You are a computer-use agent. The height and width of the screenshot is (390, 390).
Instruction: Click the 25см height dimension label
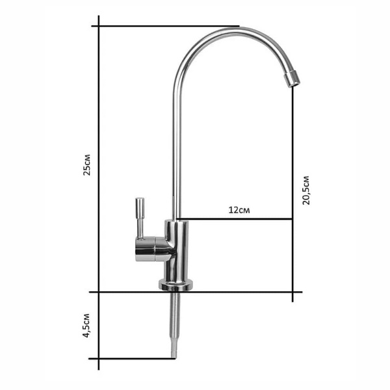coord(87,165)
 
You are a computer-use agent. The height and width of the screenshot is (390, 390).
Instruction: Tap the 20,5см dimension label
coord(305,190)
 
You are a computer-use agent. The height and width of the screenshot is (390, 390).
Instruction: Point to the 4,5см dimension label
coord(86,326)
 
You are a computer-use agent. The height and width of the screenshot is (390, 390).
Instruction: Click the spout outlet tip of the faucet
coord(292,79)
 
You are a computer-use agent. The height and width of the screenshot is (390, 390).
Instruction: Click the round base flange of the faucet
coord(176,285)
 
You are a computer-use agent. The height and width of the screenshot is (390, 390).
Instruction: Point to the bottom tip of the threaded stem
coord(174,358)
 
